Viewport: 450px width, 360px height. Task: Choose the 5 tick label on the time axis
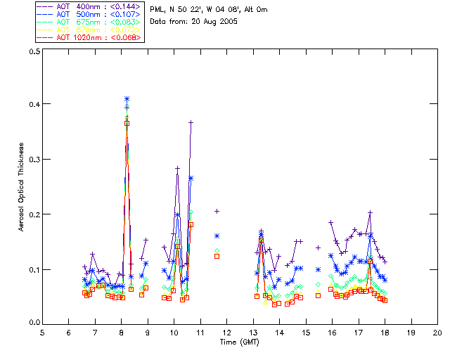point(42,331)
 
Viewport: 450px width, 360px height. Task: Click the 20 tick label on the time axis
point(437,331)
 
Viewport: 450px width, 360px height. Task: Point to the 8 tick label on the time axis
point(121,331)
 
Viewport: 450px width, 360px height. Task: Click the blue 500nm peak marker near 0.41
point(127,99)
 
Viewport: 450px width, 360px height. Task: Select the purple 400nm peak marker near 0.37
point(191,122)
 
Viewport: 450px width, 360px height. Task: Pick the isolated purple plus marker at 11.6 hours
point(217,211)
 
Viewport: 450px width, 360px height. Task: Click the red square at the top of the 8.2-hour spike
point(127,123)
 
